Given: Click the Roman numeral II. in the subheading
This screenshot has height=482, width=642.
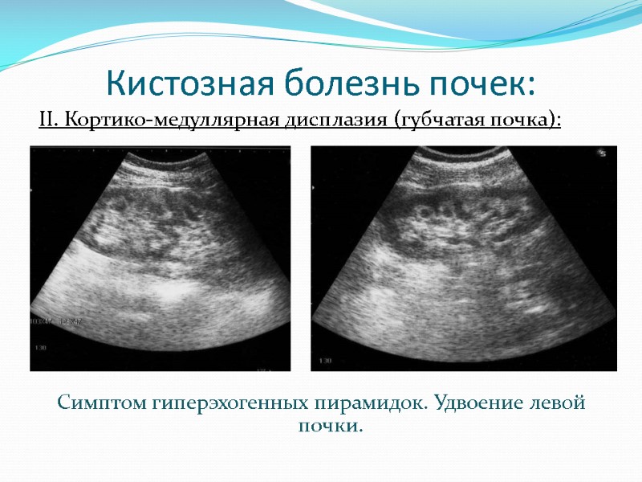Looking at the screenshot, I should pyautogui.click(x=49, y=121).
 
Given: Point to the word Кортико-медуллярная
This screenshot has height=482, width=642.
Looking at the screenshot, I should pyautogui.click(x=169, y=121).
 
